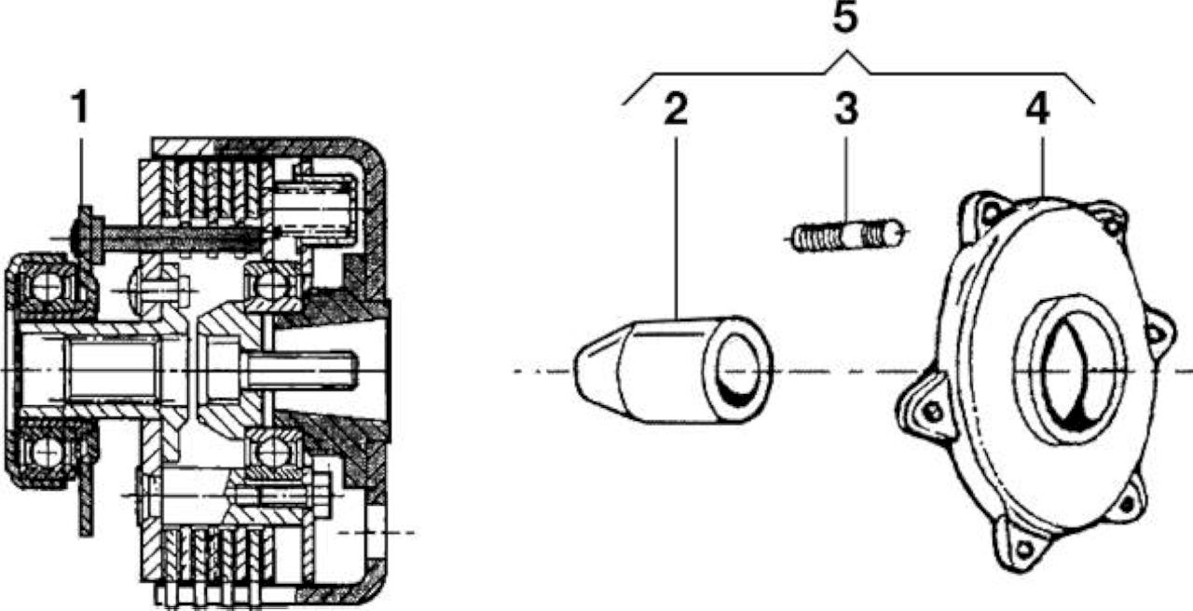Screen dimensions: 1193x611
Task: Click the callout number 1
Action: pyautogui.click(x=80, y=107)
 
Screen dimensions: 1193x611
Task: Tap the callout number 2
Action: pyautogui.click(x=676, y=110)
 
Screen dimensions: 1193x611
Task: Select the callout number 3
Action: pyautogui.click(x=846, y=110)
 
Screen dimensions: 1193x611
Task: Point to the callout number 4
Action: pyautogui.click(x=1038, y=110)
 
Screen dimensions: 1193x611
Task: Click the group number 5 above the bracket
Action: pyautogui.click(x=845, y=17)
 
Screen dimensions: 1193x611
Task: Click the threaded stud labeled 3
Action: pyautogui.click(x=848, y=235)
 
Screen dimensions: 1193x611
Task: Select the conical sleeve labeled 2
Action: pyautogui.click(x=673, y=370)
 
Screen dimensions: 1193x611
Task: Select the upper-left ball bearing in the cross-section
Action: pyautogui.click(x=47, y=288)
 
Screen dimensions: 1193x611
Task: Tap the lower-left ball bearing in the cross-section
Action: pyautogui.click(x=47, y=453)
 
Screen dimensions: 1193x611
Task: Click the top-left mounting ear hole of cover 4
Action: pyautogui.click(x=991, y=213)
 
